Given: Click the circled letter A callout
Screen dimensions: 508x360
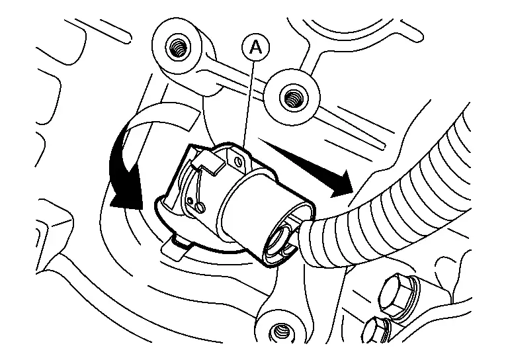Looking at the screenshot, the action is pyautogui.click(x=256, y=48).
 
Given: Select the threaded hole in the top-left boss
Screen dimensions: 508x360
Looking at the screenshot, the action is pyautogui.click(x=177, y=47).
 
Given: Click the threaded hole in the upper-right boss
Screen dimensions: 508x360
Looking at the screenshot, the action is pyautogui.click(x=292, y=97).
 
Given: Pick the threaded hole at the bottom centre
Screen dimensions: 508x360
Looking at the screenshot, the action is pyautogui.click(x=278, y=332).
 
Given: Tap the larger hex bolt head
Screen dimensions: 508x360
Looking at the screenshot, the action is pyautogui.click(x=396, y=296).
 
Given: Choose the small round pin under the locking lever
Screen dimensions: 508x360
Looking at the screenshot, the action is pyautogui.click(x=200, y=206).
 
